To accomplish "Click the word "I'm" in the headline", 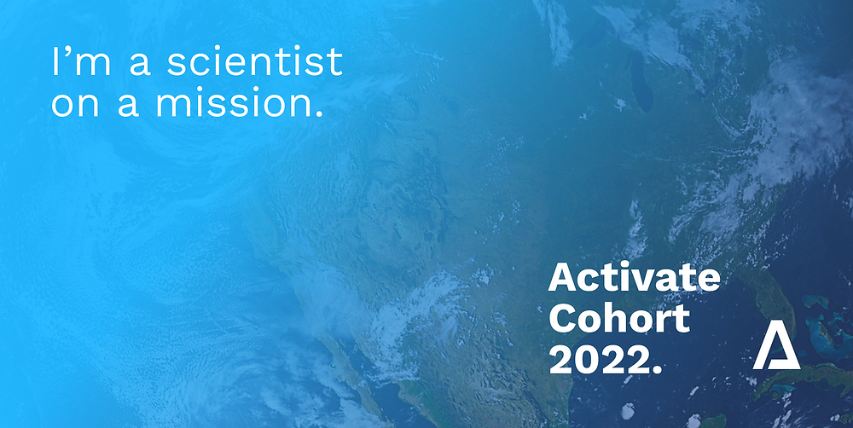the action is (x=81, y=61).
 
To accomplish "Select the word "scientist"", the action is (x=254, y=61).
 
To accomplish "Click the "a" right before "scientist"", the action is (x=139, y=65).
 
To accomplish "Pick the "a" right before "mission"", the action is (x=128, y=107).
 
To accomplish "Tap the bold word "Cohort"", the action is (x=619, y=318).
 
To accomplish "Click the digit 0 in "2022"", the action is (x=587, y=360).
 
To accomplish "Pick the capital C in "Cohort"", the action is (x=561, y=319).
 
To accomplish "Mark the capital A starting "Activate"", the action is (x=561, y=278).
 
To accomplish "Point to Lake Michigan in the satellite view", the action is (x=641, y=82).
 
